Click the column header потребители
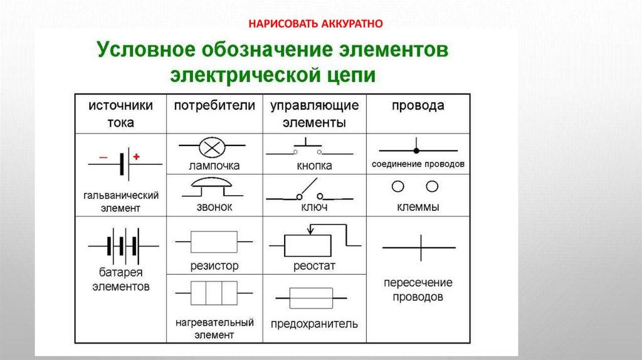coord(214,105)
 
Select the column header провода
coord(418,105)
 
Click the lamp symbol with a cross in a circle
coord(208,147)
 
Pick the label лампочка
coord(214,166)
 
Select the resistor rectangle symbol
coord(214,241)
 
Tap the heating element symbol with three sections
coord(214,292)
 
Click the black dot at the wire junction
coord(415,151)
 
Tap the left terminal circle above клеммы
coord(397,186)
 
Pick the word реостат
coord(314,266)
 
